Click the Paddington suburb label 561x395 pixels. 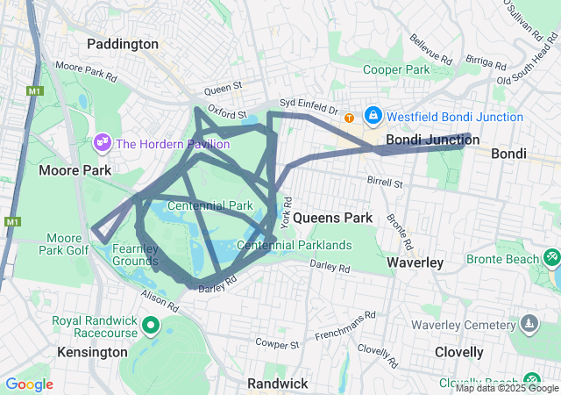pos(123,44)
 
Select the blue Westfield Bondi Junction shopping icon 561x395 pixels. pos(373,116)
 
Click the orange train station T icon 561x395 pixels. pos(350,118)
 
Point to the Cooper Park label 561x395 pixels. pos(396,69)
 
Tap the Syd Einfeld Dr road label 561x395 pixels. pos(309,106)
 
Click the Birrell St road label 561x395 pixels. pos(385,184)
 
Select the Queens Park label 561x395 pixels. pos(332,217)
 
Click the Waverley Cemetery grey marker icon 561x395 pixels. pos(529,323)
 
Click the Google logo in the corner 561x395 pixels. pos(29,384)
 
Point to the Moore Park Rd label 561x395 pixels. pos(85,71)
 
